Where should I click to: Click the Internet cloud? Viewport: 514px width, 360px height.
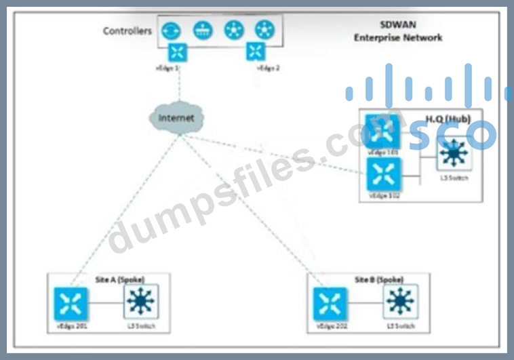click(x=176, y=118)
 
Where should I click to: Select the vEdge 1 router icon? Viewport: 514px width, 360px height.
click(x=178, y=52)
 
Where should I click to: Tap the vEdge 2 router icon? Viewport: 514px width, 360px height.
click(x=256, y=52)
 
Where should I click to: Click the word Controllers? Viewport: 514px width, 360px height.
click(x=127, y=31)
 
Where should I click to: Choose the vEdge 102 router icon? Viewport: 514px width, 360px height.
click(x=382, y=175)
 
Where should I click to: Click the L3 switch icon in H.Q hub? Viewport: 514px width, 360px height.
click(x=453, y=155)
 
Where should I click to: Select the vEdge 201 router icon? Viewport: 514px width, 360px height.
click(x=71, y=304)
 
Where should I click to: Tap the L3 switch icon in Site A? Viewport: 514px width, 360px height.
click(x=140, y=301)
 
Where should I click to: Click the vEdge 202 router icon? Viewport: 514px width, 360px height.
click(x=330, y=304)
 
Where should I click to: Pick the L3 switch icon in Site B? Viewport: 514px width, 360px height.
click(x=400, y=301)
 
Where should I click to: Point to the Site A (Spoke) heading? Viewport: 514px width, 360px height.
click(x=120, y=279)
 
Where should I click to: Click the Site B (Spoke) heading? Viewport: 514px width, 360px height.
click(x=380, y=279)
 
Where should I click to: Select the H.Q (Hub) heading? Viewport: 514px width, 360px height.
click(x=448, y=119)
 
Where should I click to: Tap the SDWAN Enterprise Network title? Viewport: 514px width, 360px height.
click(x=398, y=31)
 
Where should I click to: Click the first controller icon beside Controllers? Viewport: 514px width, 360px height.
click(x=170, y=30)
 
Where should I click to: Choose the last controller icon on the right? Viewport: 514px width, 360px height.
click(x=264, y=30)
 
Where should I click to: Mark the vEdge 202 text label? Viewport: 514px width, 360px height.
click(x=330, y=327)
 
